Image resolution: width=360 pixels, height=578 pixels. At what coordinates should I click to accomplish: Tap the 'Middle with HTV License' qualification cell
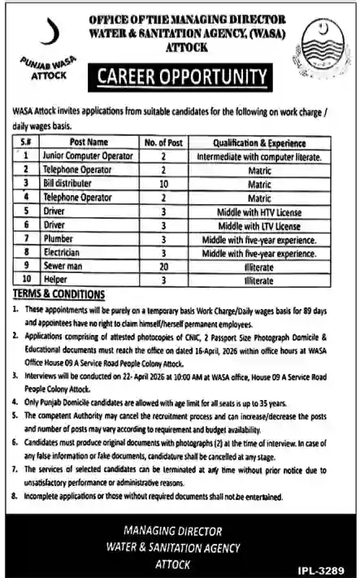click(258, 211)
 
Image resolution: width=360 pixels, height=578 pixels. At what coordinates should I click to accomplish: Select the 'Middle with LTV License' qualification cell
click(258, 224)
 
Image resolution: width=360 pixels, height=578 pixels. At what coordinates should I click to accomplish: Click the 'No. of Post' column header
click(163, 141)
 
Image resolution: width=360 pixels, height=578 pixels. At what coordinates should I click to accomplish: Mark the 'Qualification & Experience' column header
click(258, 141)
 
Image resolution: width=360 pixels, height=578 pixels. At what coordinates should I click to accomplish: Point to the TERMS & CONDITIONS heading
click(59, 294)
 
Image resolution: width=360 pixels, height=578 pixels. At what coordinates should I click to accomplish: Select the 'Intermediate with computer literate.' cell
click(258, 154)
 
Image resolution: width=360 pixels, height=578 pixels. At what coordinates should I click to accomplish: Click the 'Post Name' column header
click(77, 141)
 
